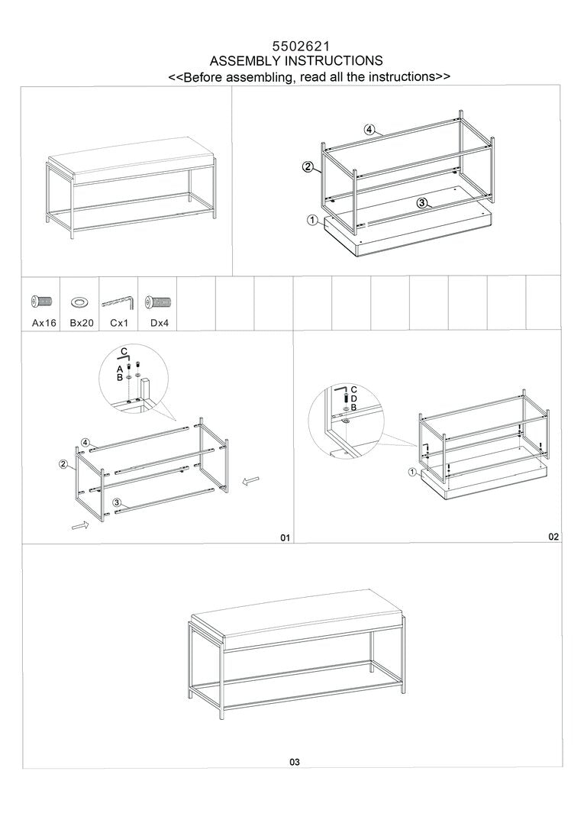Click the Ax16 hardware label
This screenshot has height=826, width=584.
(x=44, y=323)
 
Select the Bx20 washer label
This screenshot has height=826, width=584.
(x=82, y=323)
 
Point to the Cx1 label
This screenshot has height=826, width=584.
(x=119, y=323)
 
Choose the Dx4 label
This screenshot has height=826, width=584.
(x=160, y=323)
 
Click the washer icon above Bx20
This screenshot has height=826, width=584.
(x=79, y=302)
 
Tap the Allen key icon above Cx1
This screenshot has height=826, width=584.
(x=118, y=302)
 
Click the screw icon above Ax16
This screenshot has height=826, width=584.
(x=41, y=302)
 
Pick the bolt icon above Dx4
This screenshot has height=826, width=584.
(x=159, y=302)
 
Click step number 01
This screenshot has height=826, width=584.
(x=285, y=538)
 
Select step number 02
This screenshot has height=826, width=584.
(x=553, y=537)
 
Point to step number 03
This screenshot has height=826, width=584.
(x=295, y=762)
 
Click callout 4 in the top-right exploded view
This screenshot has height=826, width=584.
(x=369, y=130)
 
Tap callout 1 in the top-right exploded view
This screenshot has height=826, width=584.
(x=312, y=220)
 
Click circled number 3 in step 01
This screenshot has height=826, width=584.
(x=117, y=502)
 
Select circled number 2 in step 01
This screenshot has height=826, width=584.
(x=63, y=464)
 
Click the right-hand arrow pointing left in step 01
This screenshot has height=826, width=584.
(x=251, y=480)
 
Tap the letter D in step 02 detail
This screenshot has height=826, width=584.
(x=354, y=398)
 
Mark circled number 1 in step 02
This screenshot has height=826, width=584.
(x=412, y=472)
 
